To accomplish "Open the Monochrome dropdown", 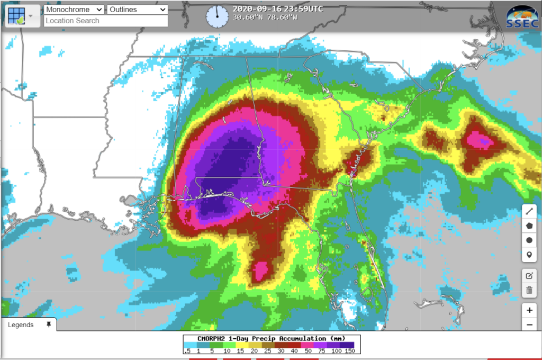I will coord(74,10).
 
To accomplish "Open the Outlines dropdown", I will coord(138,10).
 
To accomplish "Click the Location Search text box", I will coord(106,21).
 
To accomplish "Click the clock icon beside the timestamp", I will coord(216,16).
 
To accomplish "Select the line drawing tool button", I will coord(529,211).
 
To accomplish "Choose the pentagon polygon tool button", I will coord(529,226).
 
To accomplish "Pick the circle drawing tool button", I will coord(529,240).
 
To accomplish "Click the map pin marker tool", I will coord(529,255).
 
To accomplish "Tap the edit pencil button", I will coord(529,276).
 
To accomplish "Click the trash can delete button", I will coord(529,290).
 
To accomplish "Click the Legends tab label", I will coord(21,325).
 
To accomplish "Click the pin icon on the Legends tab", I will coord(49,325).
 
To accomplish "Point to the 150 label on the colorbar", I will coord(349,350).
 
